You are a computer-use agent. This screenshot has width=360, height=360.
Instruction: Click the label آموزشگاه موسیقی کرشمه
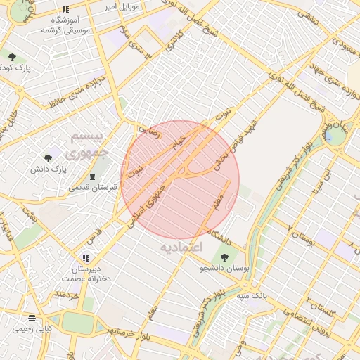click(x=60, y=25)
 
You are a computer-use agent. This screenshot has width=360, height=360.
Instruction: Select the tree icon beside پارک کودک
click(x=11, y=56)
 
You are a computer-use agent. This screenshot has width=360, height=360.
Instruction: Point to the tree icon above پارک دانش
click(x=47, y=158)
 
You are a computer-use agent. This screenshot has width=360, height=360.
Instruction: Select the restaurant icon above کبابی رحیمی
click(x=31, y=317)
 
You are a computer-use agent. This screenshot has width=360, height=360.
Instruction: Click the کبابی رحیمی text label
click(x=32, y=328)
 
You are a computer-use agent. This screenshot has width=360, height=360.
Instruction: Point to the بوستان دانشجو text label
click(x=225, y=268)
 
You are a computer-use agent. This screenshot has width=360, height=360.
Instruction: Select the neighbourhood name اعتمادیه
click(x=181, y=247)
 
